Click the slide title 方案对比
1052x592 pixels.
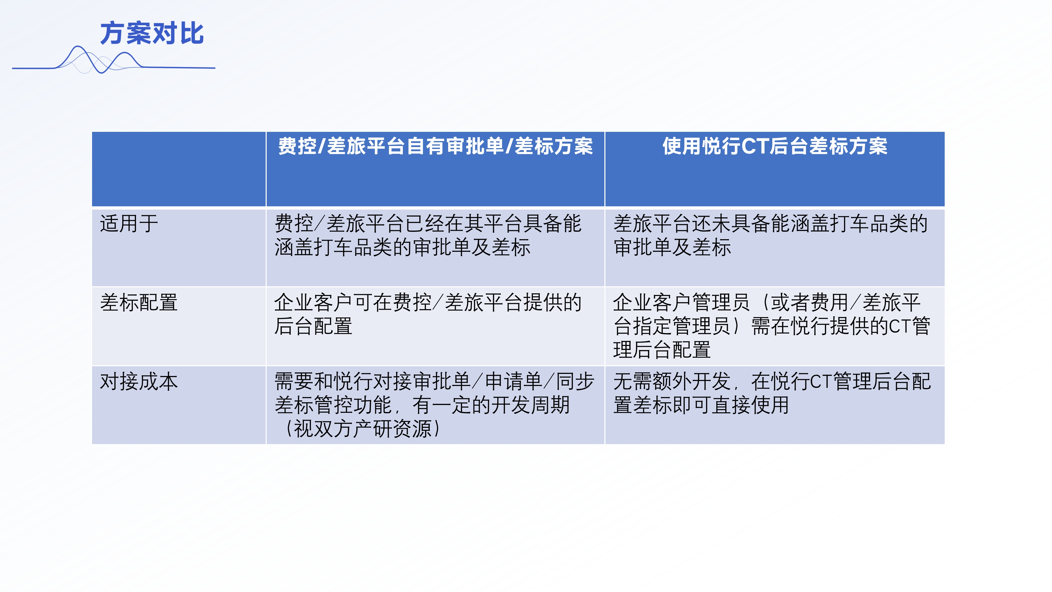[152, 33]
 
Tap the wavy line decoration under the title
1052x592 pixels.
[114, 61]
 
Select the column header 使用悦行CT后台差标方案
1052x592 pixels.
[775, 146]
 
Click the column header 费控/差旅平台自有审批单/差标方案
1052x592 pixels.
[435, 146]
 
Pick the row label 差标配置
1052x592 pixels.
[139, 303]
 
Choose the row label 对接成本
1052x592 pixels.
[139, 382]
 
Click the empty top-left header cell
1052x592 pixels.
[179, 169]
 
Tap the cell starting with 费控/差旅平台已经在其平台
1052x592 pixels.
[435, 247]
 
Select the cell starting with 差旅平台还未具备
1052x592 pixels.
[775, 247]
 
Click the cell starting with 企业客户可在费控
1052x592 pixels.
[435, 326]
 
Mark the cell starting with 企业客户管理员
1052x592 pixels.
[775, 326]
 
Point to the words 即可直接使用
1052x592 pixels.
[730, 405]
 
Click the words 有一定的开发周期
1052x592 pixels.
[491, 405]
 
